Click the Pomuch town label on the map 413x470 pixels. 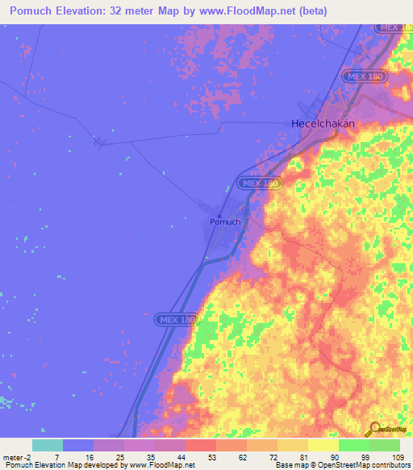pos(225,222)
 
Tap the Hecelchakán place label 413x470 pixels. pos(322,124)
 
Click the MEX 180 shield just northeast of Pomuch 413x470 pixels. pos(260,183)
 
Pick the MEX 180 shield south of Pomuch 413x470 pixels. pos(176,320)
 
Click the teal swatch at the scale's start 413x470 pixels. pos(48,445)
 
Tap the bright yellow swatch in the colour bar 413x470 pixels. pos(323,445)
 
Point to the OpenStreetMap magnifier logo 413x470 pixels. pos(373,430)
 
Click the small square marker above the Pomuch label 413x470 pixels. pos(219,214)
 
